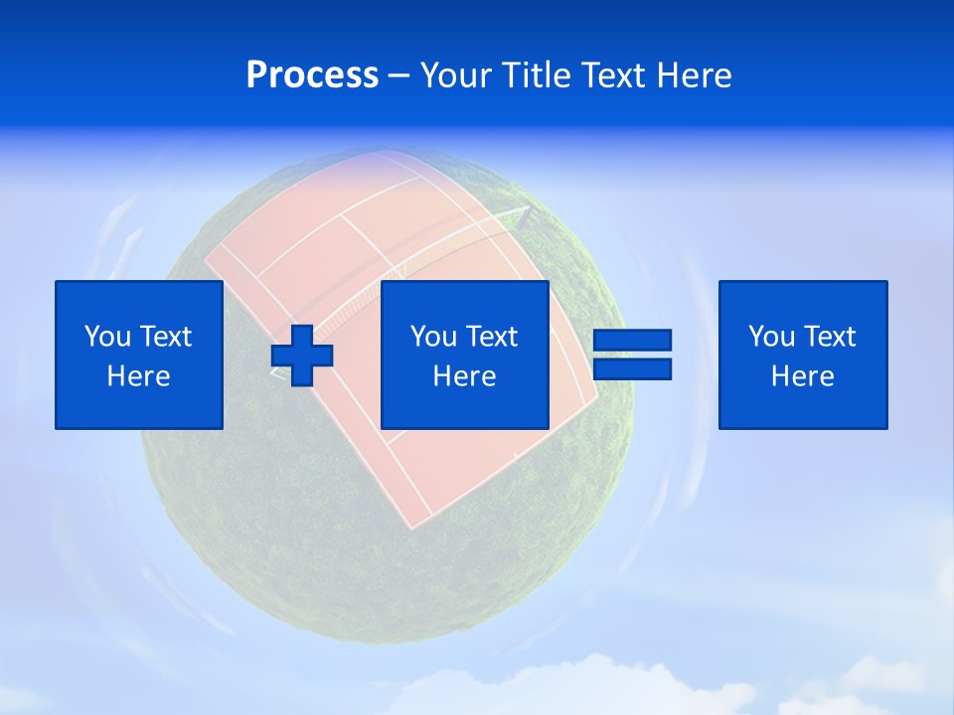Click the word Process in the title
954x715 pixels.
tap(312, 75)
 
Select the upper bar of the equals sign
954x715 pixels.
tap(632, 340)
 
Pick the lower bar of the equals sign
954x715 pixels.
tap(632, 369)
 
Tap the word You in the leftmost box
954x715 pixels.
tap(107, 337)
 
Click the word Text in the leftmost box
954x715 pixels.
tap(165, 337)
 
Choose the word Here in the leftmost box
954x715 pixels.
tap(138, 376)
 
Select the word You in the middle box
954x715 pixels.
tap(433, 337)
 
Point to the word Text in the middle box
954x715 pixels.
tap(491, 337)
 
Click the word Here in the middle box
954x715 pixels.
tap(464, 376)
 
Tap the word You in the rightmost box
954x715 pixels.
tap(771, 337)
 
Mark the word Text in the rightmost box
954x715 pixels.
tap(829, 337)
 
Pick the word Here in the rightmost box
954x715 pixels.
tap(802, 376)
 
